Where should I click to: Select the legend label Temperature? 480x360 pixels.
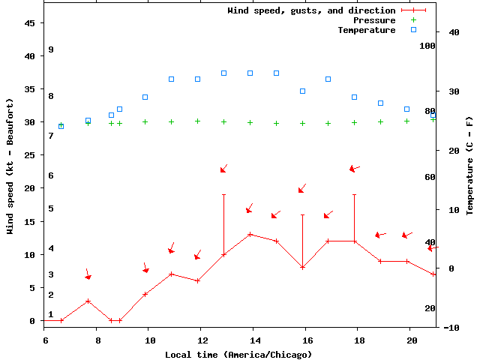point(366,30)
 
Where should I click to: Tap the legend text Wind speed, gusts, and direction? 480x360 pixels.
point(311,10)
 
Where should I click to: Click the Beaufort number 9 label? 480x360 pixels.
point(51,49)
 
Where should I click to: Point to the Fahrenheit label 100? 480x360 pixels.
point(427,46)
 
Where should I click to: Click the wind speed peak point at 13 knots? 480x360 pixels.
point(250,234)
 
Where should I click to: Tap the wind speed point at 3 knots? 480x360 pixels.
point(88,301)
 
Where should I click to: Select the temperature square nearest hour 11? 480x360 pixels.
point(171,79)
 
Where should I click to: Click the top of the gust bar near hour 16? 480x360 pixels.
point(302,214)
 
